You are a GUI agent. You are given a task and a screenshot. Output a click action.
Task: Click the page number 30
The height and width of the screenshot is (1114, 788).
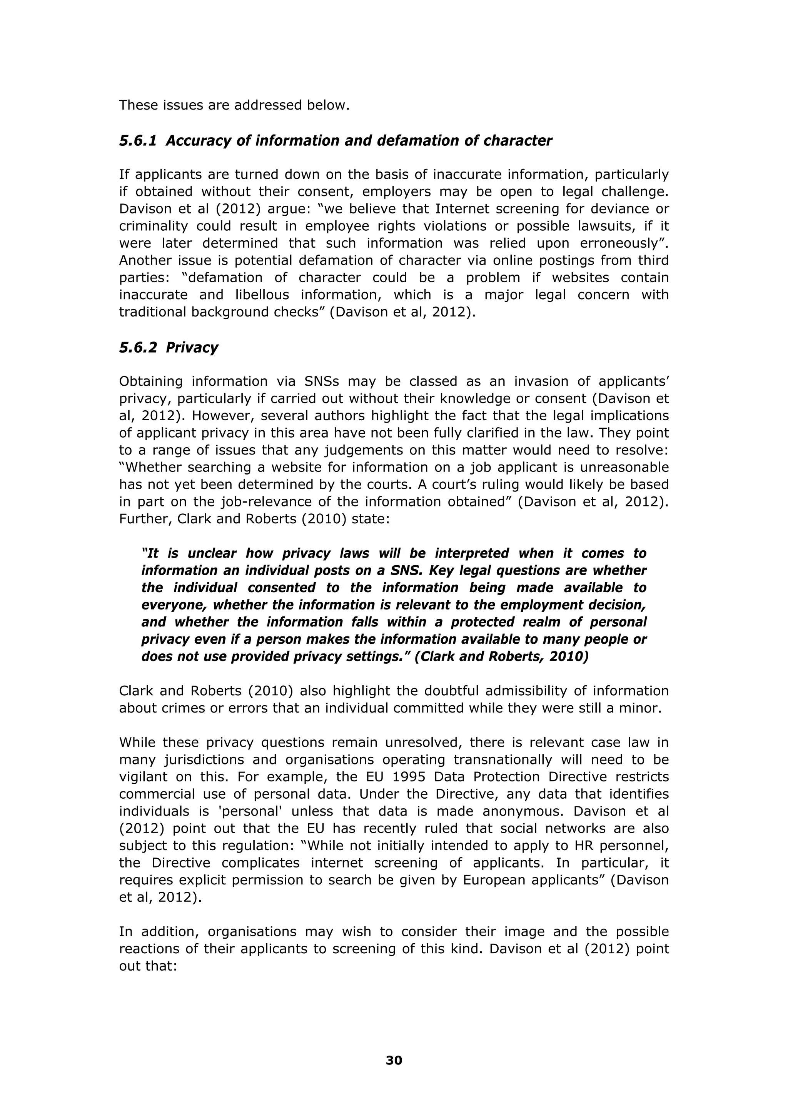click(x=394, y=1061)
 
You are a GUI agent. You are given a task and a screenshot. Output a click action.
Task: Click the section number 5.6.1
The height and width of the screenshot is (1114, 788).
click(x=138, y=141)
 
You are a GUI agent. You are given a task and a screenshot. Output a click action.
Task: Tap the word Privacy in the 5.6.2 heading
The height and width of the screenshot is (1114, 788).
click(x=192, y=348)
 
